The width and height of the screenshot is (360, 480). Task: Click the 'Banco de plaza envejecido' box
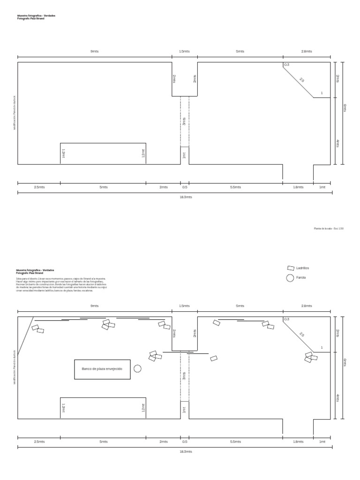point(102,369)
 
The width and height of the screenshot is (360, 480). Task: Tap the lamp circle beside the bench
point(137,368)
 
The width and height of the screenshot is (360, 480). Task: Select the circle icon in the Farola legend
point(290,278)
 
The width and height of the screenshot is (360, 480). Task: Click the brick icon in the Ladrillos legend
point(291,268)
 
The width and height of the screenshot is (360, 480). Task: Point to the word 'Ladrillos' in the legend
point(303,268)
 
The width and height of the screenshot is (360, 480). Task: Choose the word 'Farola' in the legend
point(301,278)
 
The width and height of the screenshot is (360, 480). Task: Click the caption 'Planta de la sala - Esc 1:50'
point(329,228)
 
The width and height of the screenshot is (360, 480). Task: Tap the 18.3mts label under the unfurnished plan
point(186,197)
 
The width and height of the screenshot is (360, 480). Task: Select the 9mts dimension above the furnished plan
point(94,306)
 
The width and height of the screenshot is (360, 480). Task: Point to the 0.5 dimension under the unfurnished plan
point(185,187)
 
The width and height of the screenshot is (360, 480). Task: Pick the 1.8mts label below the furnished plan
point(298,442)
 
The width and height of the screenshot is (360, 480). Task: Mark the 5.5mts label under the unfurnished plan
point(236,187)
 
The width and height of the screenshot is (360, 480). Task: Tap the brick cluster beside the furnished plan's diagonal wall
point(310,357)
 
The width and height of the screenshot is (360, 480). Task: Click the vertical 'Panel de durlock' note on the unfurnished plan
point(15,112)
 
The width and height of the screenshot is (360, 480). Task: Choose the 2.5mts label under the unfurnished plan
point(39,187)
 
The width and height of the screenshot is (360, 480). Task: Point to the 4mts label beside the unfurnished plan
point(337,143)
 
